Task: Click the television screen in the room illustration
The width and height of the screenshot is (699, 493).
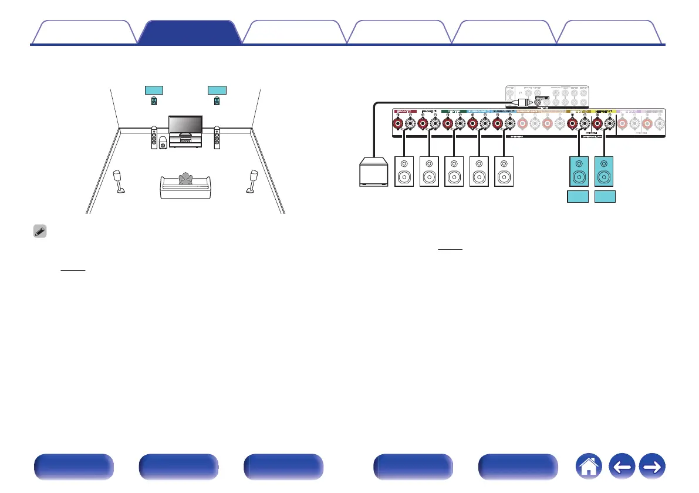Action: (185, 125)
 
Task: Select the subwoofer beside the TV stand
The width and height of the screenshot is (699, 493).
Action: (163, 143)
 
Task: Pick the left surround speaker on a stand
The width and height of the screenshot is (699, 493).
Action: (119, 181)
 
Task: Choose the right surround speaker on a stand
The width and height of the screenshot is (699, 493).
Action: (254, 181)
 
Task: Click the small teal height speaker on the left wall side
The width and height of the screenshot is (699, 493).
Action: (154, 102)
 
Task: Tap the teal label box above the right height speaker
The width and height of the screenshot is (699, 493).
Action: (217, 90)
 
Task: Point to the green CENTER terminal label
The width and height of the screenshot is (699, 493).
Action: (453, 110)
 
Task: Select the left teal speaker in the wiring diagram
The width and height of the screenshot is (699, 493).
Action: (579, 171)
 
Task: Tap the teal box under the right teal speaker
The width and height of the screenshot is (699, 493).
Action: (605, 196)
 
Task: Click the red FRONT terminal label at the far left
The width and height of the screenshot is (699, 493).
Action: (406, 110)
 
